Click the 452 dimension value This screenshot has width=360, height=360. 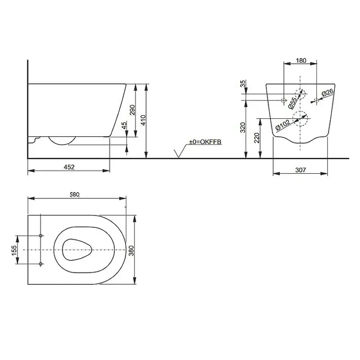68,167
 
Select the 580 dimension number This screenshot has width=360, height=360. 74,194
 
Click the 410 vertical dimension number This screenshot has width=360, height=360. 143,120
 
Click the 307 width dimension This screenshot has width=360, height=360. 301,170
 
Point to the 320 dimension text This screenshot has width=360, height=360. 243,128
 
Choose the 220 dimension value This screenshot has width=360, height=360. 256,137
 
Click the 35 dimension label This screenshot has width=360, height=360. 243,84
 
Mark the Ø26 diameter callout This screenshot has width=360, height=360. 328,94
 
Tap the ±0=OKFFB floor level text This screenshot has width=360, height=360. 206,142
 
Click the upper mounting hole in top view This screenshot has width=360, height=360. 41,236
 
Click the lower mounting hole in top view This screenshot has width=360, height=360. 41,263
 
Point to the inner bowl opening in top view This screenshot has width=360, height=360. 76,249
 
